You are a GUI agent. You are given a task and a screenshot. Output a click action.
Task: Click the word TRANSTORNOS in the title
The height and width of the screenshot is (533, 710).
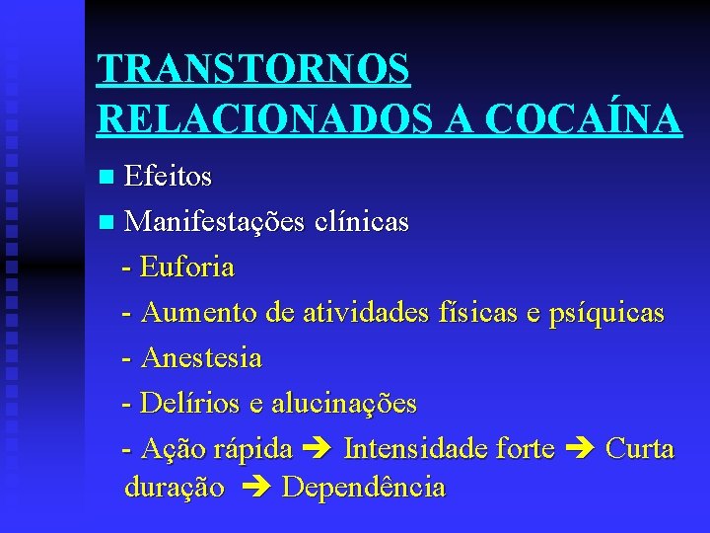click(x=253, y=69)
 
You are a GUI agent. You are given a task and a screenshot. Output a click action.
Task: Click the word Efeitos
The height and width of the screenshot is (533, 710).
click(x=168, y=177)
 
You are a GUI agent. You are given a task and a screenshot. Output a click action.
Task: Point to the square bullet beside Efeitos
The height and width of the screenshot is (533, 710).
click(x=107, y=177)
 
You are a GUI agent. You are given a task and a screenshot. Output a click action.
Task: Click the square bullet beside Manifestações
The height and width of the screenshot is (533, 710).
click(x=107, y=222)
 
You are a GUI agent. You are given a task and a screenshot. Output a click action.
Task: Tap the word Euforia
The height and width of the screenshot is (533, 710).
click(x=187, y=267)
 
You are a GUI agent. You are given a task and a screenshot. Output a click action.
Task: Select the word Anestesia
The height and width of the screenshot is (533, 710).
click(x=201, y=357)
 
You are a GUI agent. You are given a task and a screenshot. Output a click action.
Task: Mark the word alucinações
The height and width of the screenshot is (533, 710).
click(x=344, y=404)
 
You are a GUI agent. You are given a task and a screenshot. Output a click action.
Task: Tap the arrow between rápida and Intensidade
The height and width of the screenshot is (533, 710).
click(x=318, y=450)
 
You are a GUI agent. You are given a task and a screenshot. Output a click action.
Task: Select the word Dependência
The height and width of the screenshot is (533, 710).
click(x=364, y=488)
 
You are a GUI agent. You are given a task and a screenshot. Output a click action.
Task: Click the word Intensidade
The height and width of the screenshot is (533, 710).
click(x=421, y=450)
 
